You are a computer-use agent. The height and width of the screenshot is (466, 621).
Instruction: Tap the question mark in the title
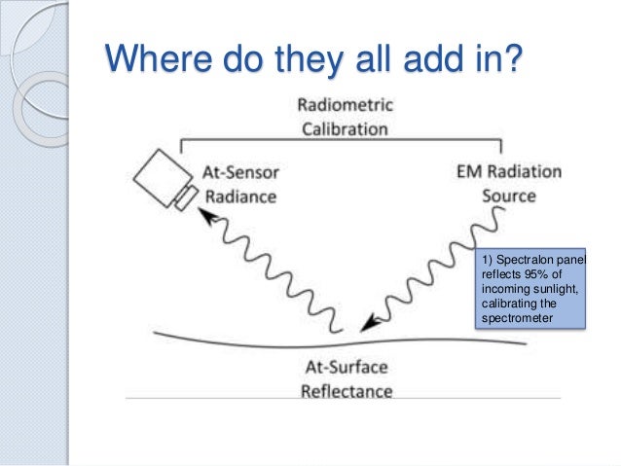pos(511,59)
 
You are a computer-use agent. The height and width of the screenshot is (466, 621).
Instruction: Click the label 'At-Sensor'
pos(240,173)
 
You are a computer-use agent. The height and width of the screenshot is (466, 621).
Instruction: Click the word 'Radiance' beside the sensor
pos(239,196)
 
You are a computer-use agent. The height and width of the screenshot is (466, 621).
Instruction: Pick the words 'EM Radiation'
pos(508,173)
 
